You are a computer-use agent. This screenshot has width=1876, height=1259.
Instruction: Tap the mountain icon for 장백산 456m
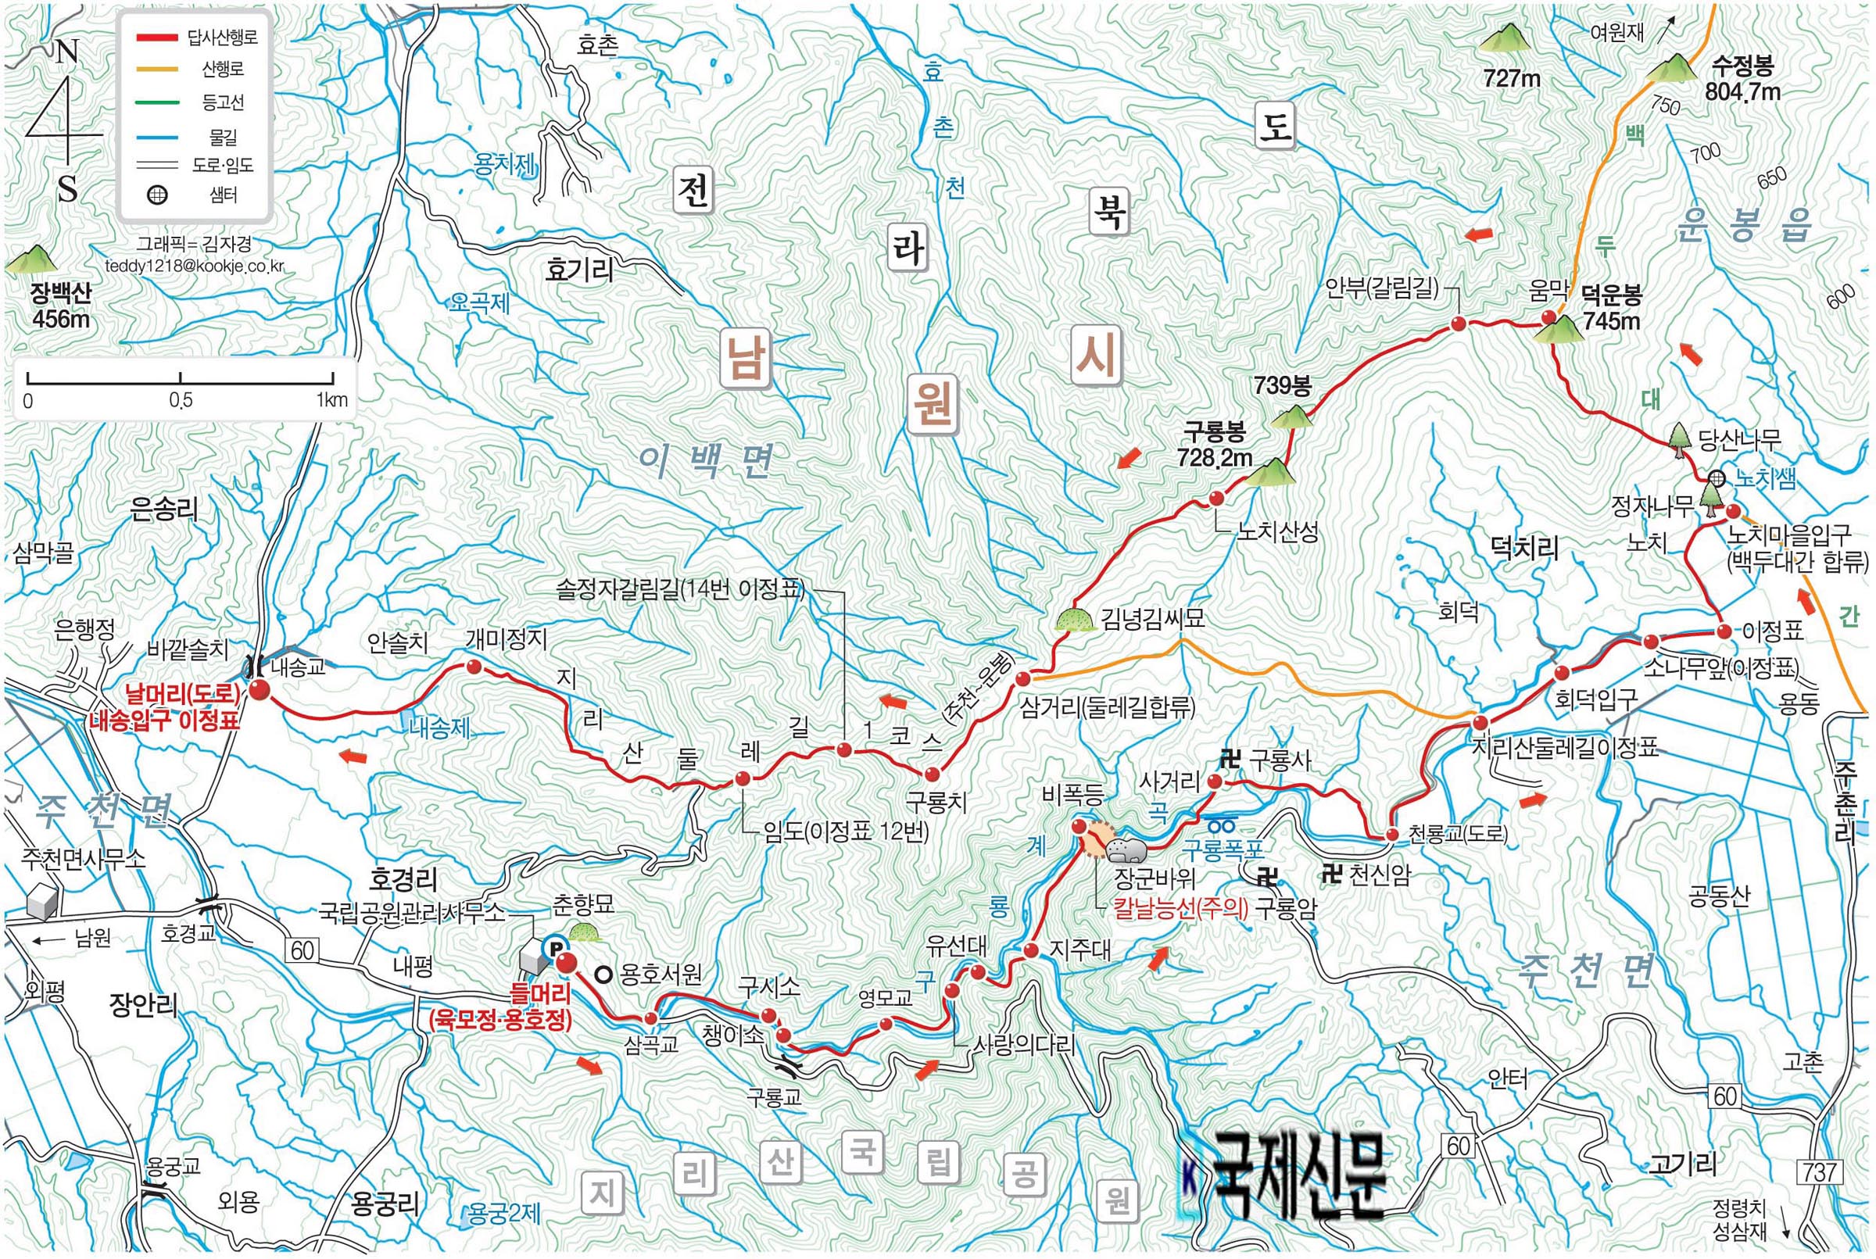pyautogui.click(x=31, y=259)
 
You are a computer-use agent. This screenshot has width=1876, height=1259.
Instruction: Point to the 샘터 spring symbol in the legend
pyautogui.click(x=158, y=195)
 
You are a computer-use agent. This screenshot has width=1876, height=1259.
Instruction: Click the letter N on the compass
pyautogui.click(x=67, y=54)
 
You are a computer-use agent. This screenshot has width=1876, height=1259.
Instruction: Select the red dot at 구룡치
pyautogui.click(x=932, y=774)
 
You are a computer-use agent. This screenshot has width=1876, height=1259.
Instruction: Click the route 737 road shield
pyautogui.click(x=1817, y=1171)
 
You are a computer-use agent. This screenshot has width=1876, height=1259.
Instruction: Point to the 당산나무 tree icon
pyautogui.click(x=1679, y=441)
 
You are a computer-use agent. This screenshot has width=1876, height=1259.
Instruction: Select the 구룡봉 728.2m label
pyautogui.click(x=1214, y=445)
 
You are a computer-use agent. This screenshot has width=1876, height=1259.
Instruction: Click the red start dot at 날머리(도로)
pyautogui.click(x=259, y=691)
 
